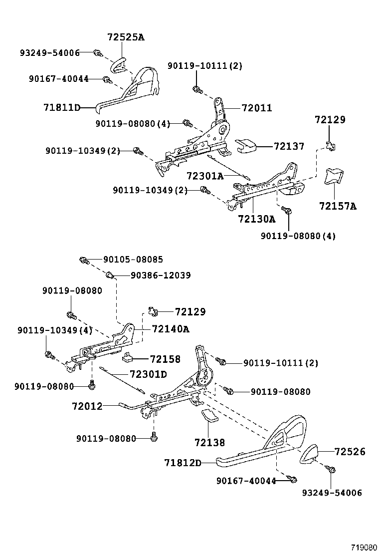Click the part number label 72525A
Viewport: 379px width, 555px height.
pyautogui.click(x=126, y=36)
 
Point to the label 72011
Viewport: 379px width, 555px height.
pyautogui.click(x=257, y=107)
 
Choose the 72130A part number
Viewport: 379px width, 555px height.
pyautogui.click(x=256, y=219)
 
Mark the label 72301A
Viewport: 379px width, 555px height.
pyautogui.click(x=204, y=176)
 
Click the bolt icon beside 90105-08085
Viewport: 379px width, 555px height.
pyautogui.click(x=84, y=260)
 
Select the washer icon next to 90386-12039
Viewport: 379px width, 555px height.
pyautogui.click(x=111, y=275)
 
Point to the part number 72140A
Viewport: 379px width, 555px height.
pyautogui.click(x=171, y=328)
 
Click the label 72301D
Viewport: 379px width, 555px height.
pyautogui.click(x=148, y=374)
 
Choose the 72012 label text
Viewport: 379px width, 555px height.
pyautogui.click(x=87, y=406)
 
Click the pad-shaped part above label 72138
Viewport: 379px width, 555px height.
pyautogui.click(x=209, y=417)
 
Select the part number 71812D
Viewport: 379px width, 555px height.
pyautogui.click(x=183, y=463)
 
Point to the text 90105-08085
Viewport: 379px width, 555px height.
pyautogui.click(x=133, y=260)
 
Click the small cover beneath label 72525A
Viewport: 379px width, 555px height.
pyautogui.click(x=118, y=64)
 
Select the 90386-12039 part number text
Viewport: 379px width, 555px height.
pyautogui.click(x=160, y=275)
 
